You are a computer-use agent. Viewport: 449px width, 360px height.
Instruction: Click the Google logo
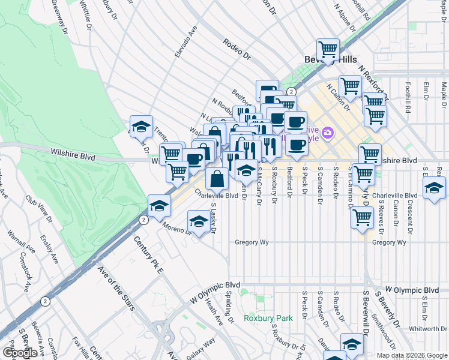[20, 353]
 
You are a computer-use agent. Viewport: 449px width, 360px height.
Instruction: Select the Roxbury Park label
[268, 318]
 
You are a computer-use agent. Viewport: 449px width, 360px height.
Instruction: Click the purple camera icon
[328, 131]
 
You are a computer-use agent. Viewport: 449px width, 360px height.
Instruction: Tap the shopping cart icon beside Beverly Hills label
[328, 49]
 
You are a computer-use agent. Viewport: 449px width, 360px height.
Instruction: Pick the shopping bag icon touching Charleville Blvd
[217, 178]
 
